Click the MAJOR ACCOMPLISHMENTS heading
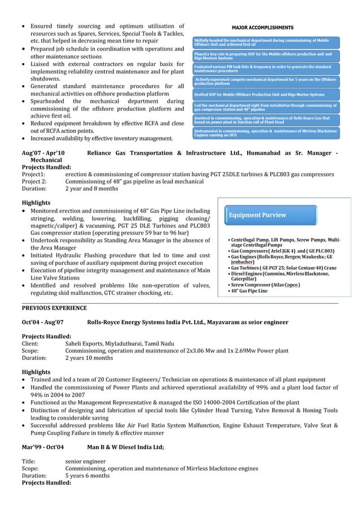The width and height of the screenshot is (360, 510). (x=263, y=27)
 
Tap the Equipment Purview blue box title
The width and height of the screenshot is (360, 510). (x=257, y=215)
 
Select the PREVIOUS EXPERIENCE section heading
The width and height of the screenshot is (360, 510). (x=54, y=308)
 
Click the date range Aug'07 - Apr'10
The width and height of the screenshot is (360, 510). (x=43, y=153)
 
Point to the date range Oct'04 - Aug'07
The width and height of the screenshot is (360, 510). (x=43, y=322)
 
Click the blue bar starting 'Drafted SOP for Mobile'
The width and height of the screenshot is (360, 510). (x=259, y=94)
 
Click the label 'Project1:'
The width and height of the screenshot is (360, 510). (x=33, y=175)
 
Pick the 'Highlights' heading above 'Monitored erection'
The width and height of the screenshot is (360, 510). (x=36, y=203)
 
